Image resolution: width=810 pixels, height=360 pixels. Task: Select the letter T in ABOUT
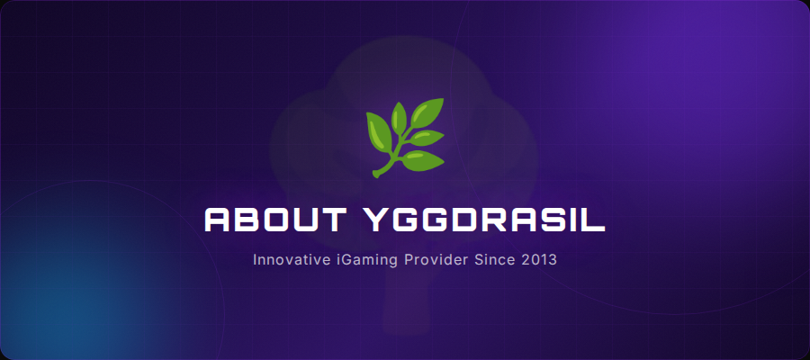point(332,220)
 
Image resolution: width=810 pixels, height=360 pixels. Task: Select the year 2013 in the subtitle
point(539,260)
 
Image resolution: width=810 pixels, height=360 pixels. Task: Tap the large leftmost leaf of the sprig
point(378,131)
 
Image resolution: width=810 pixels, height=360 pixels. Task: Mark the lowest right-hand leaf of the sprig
point(422,161)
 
